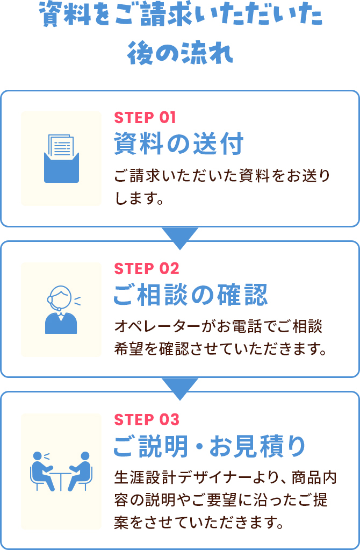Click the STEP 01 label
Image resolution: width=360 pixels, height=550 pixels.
click(145, 117)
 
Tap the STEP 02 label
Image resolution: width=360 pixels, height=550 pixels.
click(146, 268)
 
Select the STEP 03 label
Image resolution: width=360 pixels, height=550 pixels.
click(146, 419)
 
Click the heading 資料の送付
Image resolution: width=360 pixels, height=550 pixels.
click(179, 144)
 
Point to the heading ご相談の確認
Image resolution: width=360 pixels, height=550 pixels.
click(190, 295)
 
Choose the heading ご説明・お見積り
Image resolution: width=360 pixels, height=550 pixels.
click(210, 446)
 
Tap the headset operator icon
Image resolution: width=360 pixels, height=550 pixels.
click(61, 310)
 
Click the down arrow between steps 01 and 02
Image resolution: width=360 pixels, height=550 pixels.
click(180, 237)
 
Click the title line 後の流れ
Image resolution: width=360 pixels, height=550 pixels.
click(180, 54)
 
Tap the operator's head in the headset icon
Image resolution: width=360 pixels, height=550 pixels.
click(61, 297)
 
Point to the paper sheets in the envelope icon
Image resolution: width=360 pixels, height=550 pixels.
click(61, 145)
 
